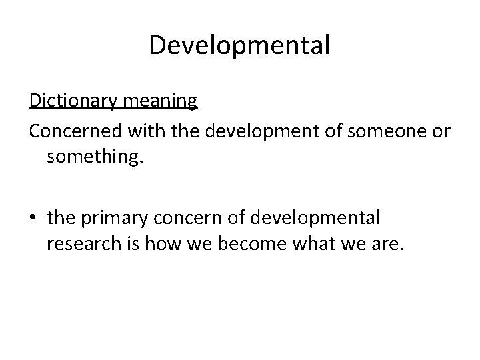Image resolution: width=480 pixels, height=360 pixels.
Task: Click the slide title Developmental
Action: [x=239, y=45]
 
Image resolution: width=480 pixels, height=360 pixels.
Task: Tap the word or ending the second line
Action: [x=441, y=132]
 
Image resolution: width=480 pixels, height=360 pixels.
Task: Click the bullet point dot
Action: [x=35, y=217]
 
